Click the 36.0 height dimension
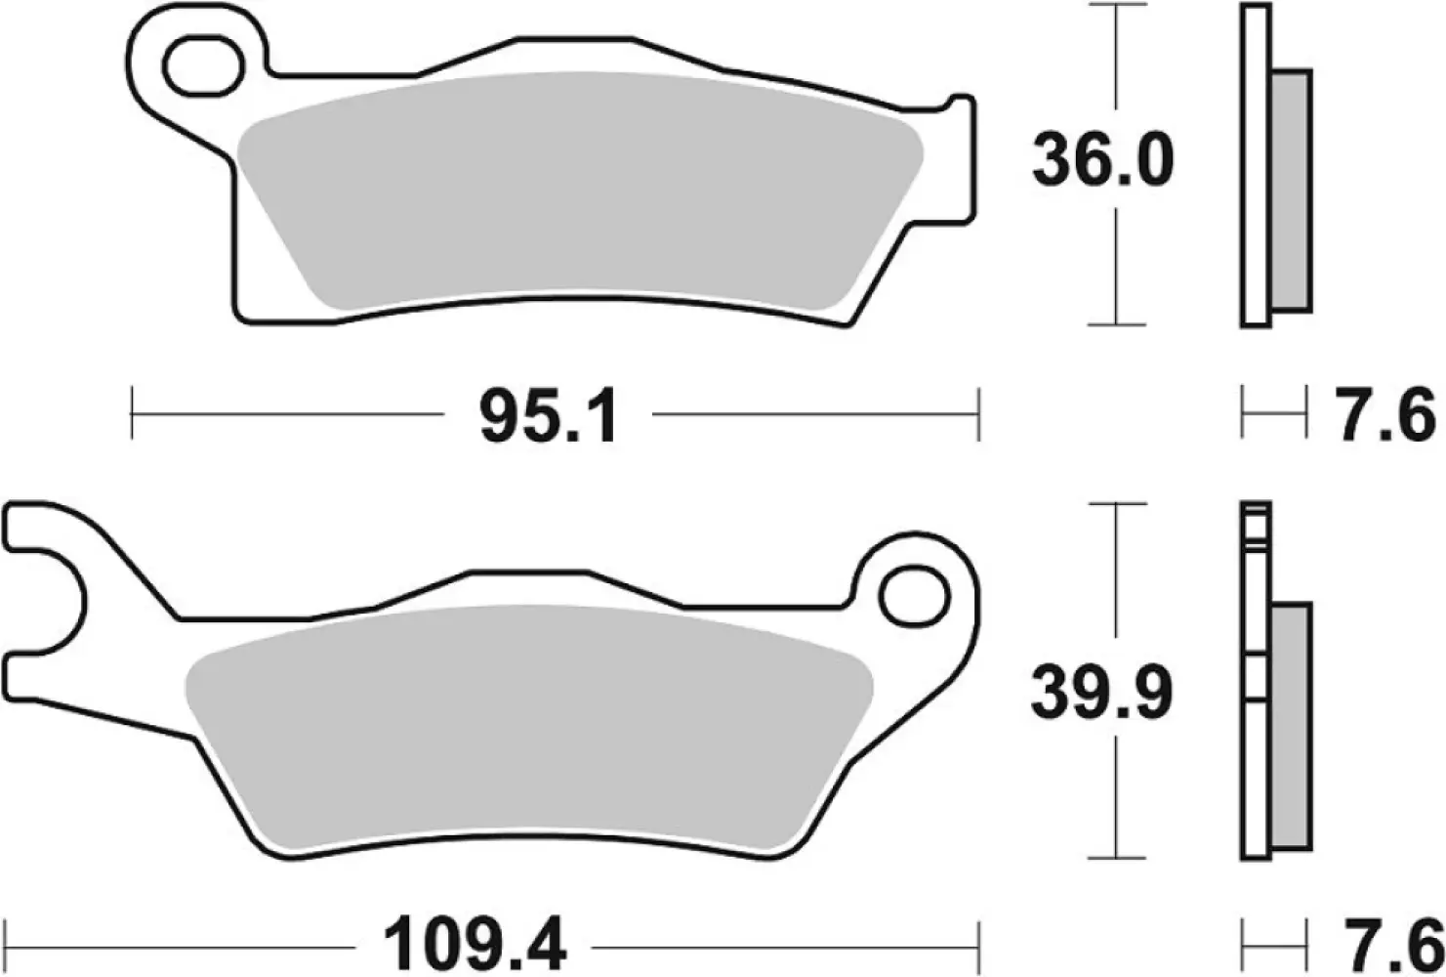coord(1103,162)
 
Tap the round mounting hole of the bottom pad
coord(914,596)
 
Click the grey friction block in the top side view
coord(1293,190)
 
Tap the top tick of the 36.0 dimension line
coord(1116,5)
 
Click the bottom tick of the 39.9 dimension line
coord(1116,857)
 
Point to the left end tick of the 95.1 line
coord(132,414)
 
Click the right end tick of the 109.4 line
coord(976,946)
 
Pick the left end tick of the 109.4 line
coord(7,946)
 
